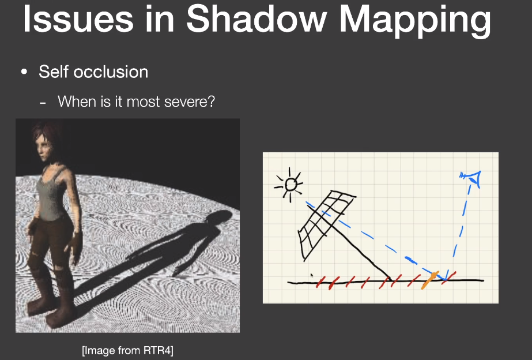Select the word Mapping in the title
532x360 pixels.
(415, 20)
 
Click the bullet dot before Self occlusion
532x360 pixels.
(24, 72)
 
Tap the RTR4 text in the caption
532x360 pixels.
(157, 350)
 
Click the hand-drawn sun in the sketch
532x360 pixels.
(289, 185)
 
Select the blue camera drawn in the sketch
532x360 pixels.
(471, 178)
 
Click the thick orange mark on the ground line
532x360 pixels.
(430, 280)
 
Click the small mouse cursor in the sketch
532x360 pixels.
(311, 275)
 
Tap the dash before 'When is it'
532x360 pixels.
(43, 103)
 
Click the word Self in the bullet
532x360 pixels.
(54, 72)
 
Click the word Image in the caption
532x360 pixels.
(99, 350)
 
